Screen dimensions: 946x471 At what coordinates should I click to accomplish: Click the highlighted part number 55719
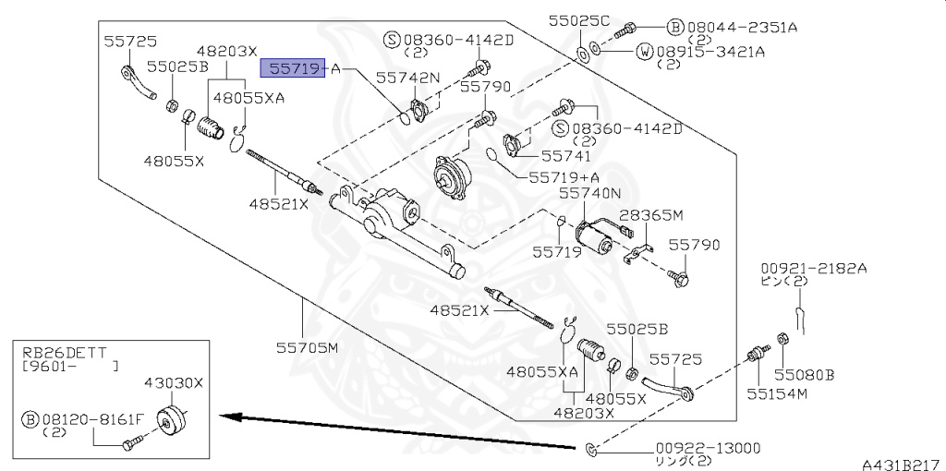coord(293,68)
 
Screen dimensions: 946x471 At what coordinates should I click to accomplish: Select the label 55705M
coord(308,348)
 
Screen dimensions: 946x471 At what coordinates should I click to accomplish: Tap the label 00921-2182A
coord(813,268)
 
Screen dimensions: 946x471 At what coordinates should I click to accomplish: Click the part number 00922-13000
coord(708,448)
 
